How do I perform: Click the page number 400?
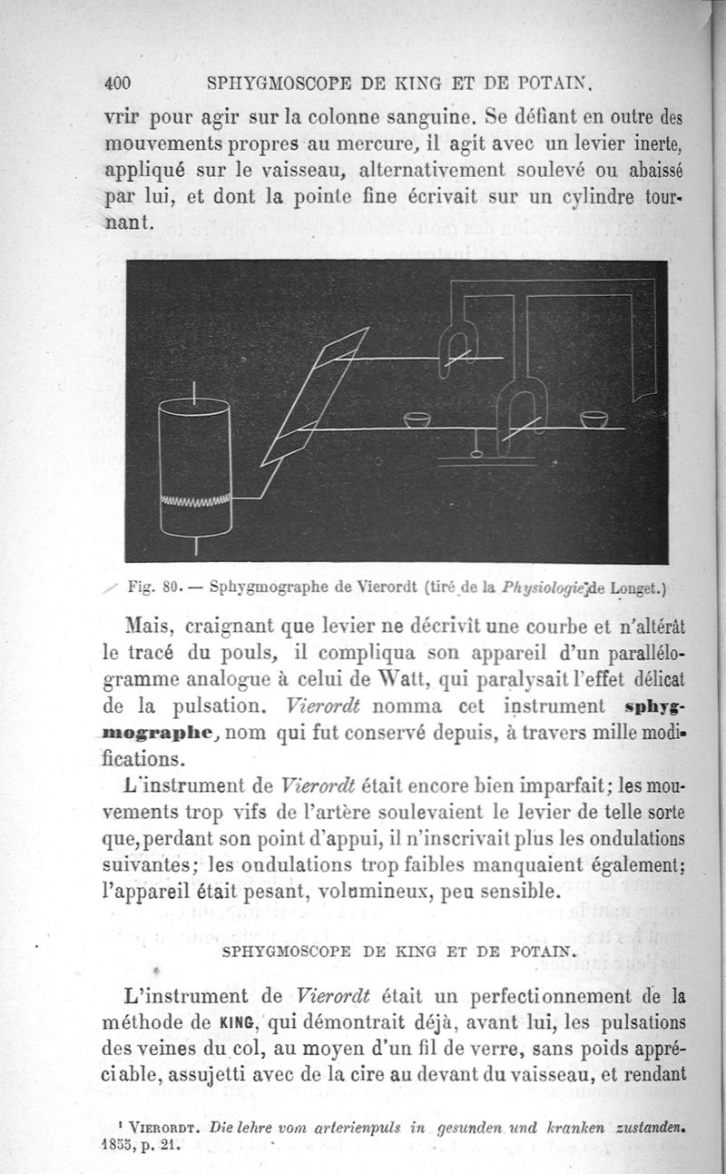[118, 84]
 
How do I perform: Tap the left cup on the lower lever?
[417, 419]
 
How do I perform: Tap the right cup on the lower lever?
[594, 419]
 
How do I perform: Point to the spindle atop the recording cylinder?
[193, 391]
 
